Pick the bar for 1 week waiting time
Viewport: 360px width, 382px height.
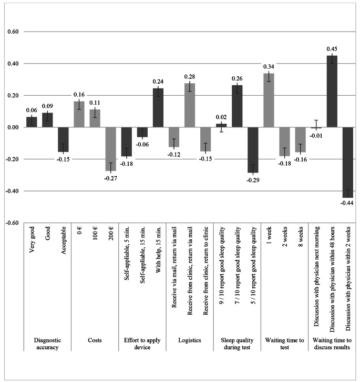tap(268, 100)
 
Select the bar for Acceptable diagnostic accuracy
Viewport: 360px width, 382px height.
tap(63, 139)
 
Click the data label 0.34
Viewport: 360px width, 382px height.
tap(269, 67)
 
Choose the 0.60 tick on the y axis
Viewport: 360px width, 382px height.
tap(12, 32)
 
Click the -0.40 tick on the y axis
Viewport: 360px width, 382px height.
tap(11, 191)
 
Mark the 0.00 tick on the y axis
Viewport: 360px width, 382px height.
tap(12, 127)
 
